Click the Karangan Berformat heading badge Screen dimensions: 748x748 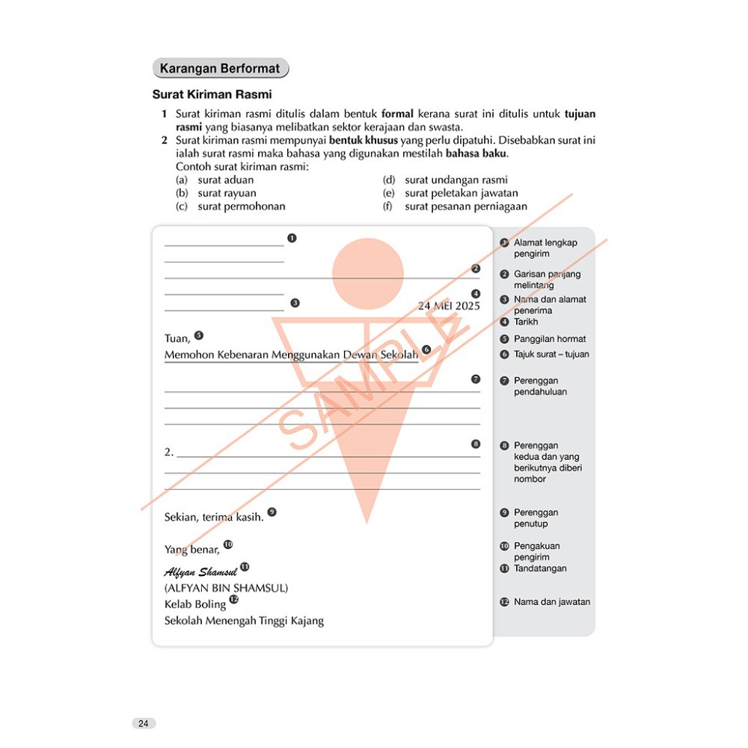[220, 69]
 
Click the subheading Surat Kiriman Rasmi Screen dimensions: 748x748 [212, 95]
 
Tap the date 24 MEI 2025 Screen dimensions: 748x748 [449, 305]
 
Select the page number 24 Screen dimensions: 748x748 [144, 723]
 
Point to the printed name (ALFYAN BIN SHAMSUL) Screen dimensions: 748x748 [226, 588]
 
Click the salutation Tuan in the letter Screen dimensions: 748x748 [177, 339]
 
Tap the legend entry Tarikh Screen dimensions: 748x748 [526, 322]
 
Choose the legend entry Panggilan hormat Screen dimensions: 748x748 [550, 339]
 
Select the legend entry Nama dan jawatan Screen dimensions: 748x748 [552, 601]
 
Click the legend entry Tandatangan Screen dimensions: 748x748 [540, 568]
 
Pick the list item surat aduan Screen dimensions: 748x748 [225, 180]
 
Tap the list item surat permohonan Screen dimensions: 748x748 [241, 206]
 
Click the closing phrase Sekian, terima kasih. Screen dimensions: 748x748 [214, 517]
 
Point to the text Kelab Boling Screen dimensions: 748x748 [194, 604]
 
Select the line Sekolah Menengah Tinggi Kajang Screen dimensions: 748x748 [244, 620]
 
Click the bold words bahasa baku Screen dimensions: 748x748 [476, 154]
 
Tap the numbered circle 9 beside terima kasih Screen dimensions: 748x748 [272, 512]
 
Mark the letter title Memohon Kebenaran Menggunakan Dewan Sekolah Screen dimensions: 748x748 [291, 355]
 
